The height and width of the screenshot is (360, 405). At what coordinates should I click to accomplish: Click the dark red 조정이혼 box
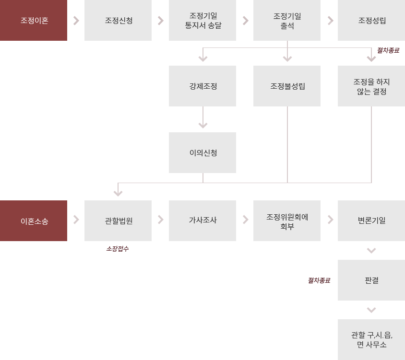[34, 20]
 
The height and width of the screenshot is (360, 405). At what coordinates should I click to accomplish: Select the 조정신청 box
[118, 20]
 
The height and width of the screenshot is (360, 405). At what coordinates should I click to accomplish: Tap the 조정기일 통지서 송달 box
[202, 20]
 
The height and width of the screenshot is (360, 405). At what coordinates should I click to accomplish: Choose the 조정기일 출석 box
[287, 20]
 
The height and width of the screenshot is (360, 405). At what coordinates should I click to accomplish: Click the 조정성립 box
[371, 20]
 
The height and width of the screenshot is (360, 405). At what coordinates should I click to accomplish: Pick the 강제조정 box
[202, 86]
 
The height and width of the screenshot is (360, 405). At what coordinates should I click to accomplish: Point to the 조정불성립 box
[287, 86]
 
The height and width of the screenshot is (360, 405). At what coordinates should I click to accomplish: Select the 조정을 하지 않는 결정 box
[371, 86]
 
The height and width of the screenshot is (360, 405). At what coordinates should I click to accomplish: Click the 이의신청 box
[202, 152]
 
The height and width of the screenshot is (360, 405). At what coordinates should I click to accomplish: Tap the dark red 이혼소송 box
[34, 221]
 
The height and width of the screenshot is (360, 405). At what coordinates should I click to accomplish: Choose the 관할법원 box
[118, 221]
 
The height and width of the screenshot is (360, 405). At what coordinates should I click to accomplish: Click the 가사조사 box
[202, 221]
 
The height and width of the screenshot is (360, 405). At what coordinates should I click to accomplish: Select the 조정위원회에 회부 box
[287, 221]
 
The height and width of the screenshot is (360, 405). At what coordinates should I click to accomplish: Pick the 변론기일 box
[371, 221]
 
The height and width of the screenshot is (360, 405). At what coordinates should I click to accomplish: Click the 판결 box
[371, 280]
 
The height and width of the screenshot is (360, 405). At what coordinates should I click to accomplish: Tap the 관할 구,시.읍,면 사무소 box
[371, 339]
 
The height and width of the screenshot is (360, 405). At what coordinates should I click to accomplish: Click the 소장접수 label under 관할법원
[118, 249]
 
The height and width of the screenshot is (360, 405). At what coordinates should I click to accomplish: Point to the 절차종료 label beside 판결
[319, 280]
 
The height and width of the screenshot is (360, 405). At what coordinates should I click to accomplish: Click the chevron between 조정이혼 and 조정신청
[76, 21]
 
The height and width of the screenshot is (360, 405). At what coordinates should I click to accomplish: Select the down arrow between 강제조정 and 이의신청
[203, 117]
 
